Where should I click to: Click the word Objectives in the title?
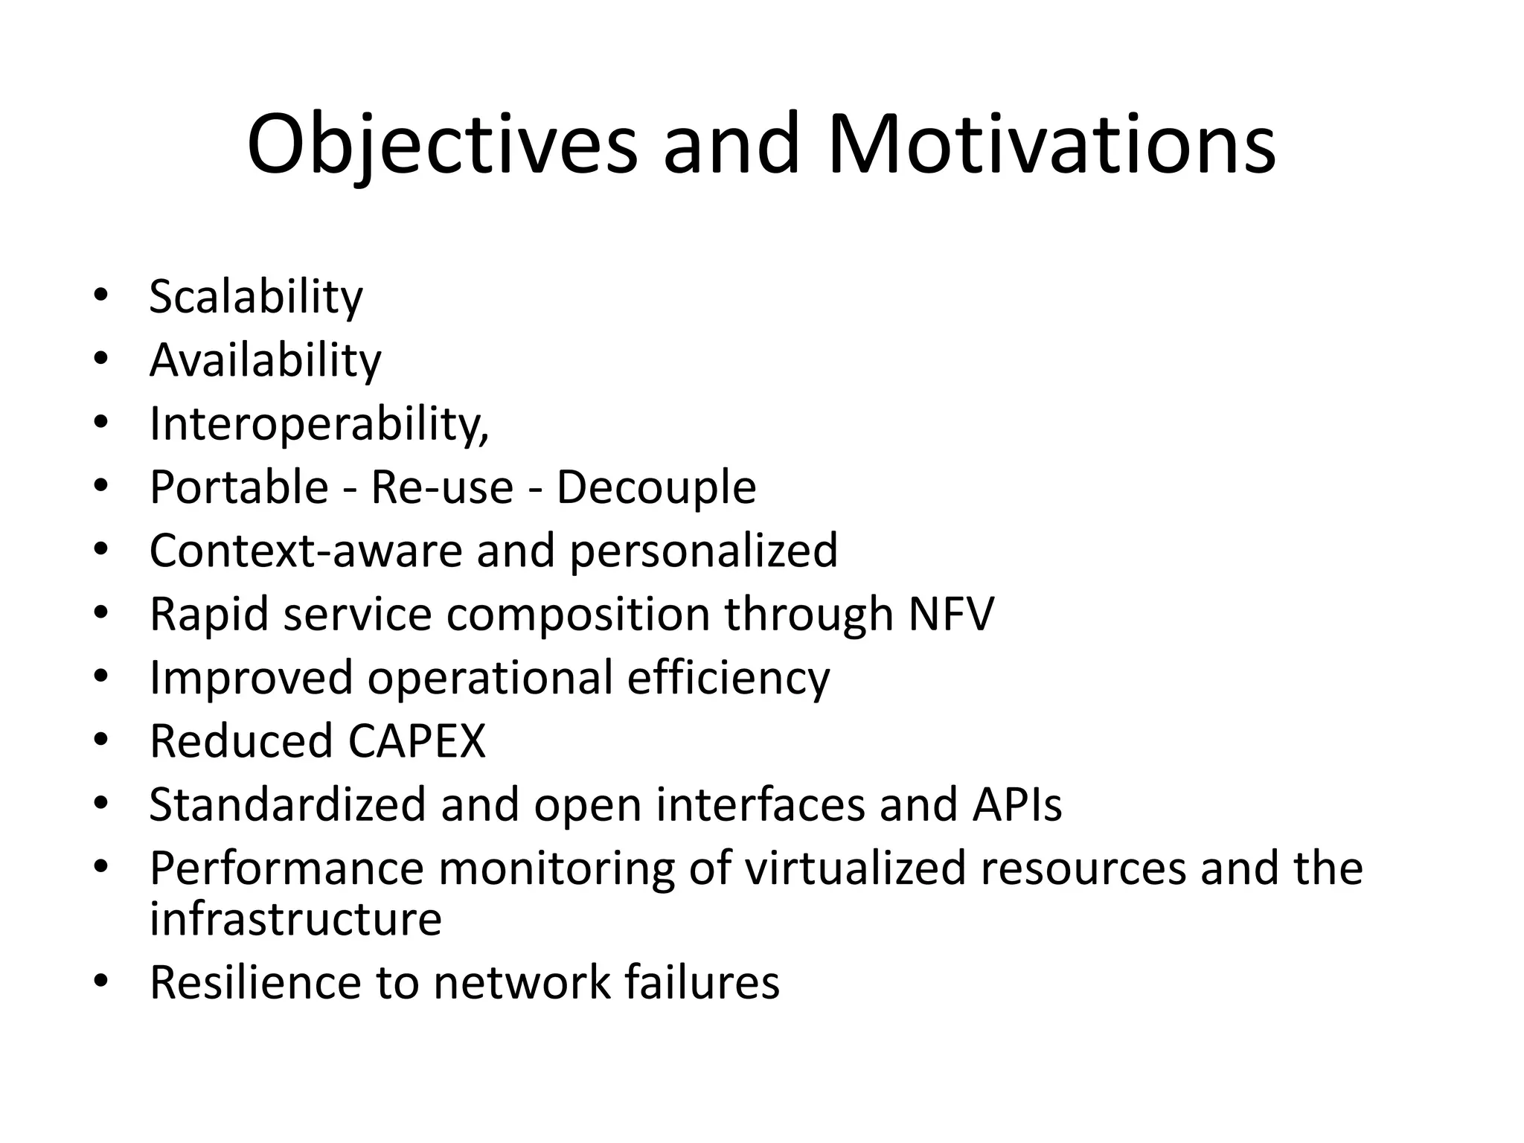coord(442,145)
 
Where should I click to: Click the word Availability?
coord(265,361)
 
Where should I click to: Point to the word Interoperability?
coord(318,424)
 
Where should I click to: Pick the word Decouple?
coord(656,487)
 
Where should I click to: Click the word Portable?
coord(239,487)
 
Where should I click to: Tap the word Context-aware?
coord(306,551)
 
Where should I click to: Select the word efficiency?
coord(728,679)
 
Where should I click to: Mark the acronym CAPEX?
coord(416,741)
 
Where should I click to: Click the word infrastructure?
coord(295,919)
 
